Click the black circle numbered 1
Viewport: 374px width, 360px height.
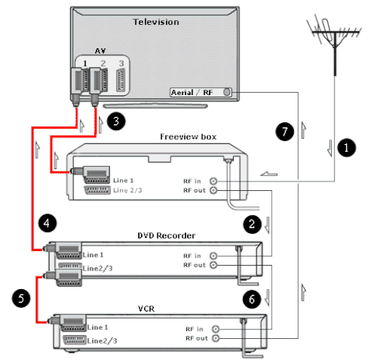point(347,148)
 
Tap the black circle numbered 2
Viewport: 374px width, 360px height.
point(252,224)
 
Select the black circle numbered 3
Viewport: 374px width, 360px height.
point(116,121)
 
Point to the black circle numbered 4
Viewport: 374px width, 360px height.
point(48,223)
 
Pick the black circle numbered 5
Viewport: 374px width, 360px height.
point(21,298)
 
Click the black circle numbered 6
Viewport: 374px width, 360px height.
point(252,299)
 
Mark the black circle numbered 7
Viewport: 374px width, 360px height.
point(284,132)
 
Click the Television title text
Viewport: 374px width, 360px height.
point(156,22)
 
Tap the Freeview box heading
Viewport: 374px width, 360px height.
point(188,136)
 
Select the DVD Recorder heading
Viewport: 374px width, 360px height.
point(166,235)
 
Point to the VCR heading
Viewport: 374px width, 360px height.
point(146,309)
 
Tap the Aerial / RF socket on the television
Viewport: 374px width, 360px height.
point(227,92)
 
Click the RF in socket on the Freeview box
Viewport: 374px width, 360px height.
point(213,181)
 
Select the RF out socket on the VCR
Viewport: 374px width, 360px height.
point(216,338)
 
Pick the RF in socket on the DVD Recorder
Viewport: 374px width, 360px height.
point(213,256)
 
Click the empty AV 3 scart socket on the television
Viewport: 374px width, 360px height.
point(121,80)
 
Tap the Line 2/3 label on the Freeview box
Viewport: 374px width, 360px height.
point(128,190)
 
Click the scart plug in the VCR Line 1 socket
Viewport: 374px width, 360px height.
point(68,323)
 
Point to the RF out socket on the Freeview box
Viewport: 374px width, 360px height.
point(213,190)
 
